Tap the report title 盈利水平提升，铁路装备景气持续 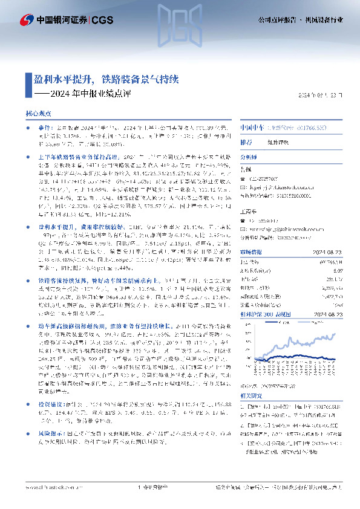click(110, 79)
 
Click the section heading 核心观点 click(38, 114)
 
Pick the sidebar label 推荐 click(246, 141)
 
